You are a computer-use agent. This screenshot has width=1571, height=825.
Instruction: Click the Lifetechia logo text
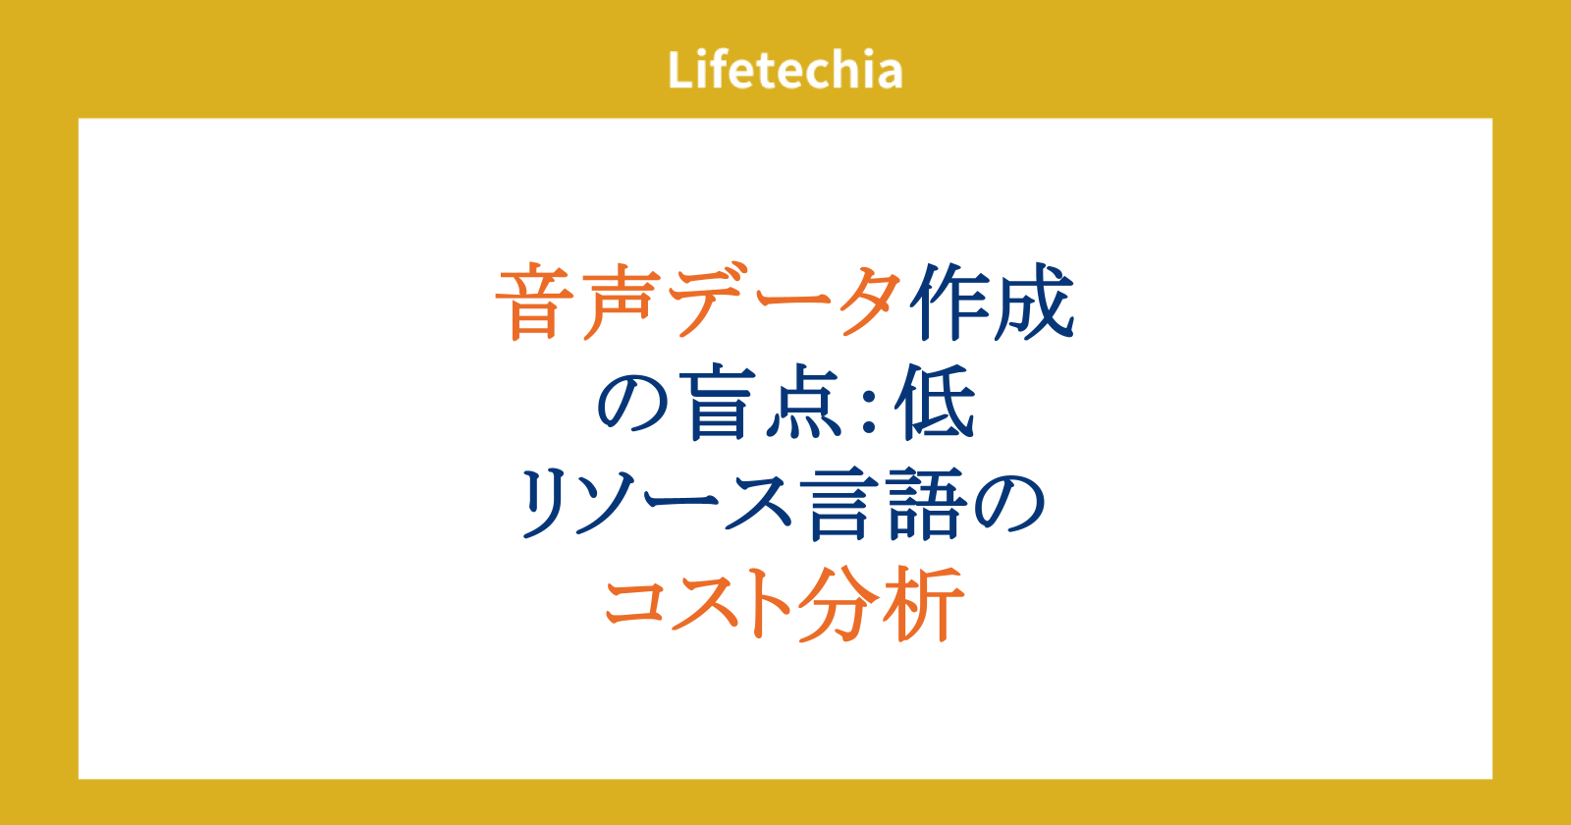point(785,70)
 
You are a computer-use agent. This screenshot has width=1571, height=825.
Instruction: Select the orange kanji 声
point(621,302)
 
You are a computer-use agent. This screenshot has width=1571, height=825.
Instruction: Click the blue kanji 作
point(950,302)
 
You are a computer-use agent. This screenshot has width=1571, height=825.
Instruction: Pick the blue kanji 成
point(1034,302)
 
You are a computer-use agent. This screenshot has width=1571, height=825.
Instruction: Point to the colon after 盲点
point(870,407)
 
